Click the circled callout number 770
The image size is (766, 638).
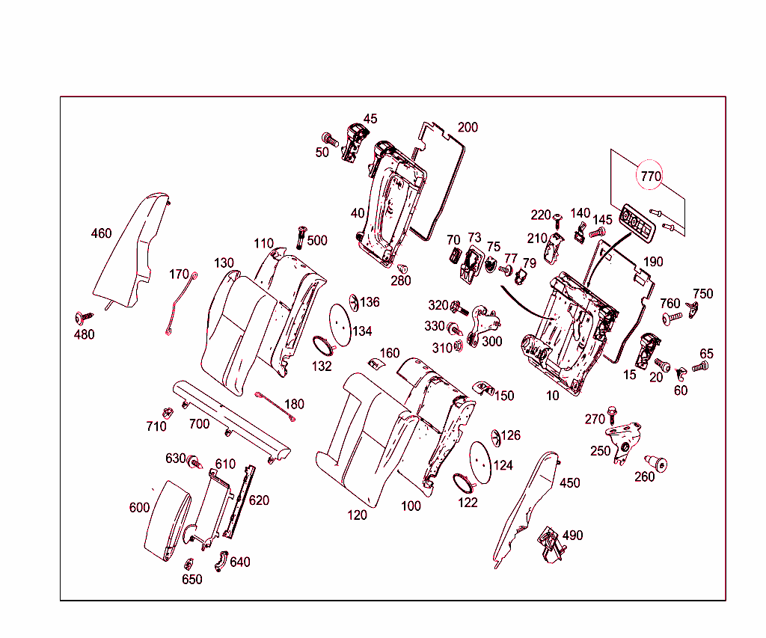coord(650,177)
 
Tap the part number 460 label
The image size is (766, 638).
coord(101,233)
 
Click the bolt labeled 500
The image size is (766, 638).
coord(303,235)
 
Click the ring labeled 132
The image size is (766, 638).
coord(323,346)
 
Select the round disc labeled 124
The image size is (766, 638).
coord(479,458)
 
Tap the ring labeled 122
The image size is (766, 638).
coord(465,482)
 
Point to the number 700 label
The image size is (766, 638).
coord(199,424)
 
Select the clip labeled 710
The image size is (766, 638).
coord(168,412)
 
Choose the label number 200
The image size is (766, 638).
coord(468,127)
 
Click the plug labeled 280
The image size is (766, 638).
coord(402,269)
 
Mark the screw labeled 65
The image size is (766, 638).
coord(701,366)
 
